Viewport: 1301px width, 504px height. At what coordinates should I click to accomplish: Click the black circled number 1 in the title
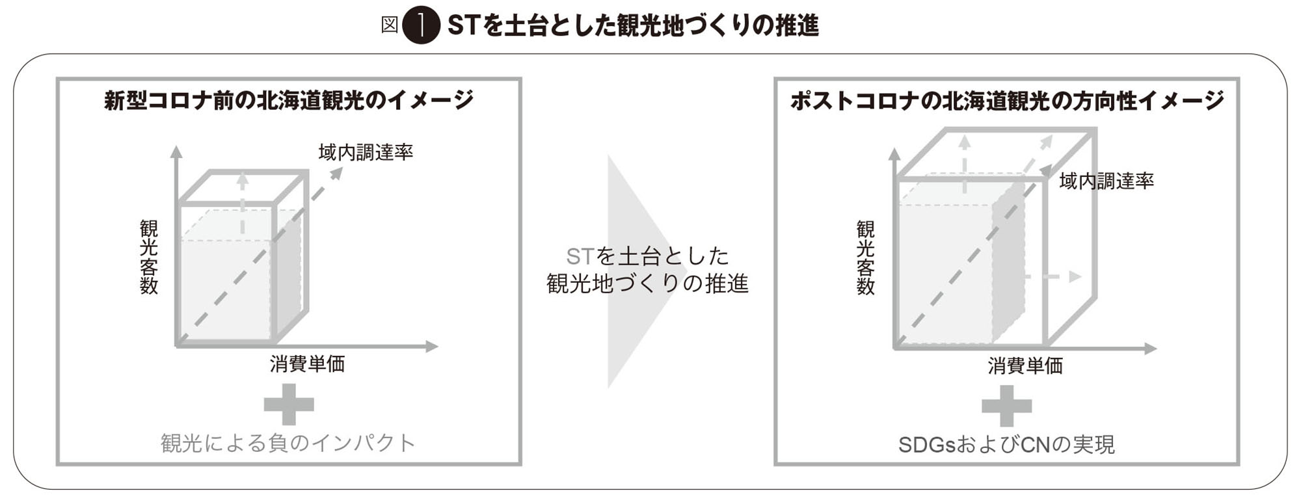[421, 26]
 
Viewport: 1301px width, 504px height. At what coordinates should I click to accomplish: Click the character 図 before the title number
[389, 25]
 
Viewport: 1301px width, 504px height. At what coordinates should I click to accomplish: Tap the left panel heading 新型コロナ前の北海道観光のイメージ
[289, 100]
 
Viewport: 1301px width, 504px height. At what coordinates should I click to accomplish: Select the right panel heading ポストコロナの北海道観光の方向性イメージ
[1007, 100]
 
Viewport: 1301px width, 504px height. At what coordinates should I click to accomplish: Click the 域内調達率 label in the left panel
[366, 152]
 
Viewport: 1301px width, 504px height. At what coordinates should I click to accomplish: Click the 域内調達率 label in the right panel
[1107, 181]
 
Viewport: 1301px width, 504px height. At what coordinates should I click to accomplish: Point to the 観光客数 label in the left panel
[149, 258]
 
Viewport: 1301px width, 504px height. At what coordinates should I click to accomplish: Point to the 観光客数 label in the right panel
[866, 258]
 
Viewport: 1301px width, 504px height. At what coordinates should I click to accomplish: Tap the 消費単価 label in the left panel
[307, 364]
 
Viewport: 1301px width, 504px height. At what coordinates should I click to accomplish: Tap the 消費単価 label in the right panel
[1025, 365]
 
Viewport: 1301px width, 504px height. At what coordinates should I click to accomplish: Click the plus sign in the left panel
[289, 405]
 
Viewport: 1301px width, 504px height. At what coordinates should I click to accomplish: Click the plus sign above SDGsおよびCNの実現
[1006, 406]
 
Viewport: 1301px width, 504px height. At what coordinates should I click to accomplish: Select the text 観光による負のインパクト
[288, 443]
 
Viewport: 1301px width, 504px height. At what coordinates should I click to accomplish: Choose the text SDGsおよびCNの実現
[1006, 445]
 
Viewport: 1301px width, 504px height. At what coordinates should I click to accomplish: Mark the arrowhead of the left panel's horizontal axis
[433, 347]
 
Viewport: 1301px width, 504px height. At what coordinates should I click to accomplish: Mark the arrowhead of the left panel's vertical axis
[176, 152]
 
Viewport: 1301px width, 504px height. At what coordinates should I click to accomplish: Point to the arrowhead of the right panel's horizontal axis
[1151, 349]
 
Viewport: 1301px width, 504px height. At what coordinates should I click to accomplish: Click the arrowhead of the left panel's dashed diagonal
[336, 173]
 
